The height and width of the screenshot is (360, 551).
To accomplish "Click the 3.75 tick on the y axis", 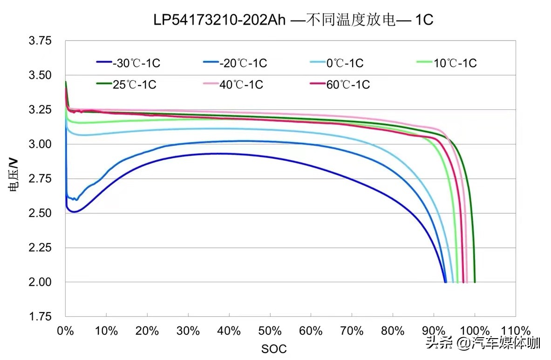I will [40, 41].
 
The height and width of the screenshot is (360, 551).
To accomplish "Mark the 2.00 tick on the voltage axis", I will [40, 282].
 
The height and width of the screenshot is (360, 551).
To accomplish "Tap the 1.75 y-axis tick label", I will [40, 317].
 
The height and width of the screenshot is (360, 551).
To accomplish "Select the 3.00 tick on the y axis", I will [40, 144].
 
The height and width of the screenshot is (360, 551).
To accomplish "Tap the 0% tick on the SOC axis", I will [65, 331].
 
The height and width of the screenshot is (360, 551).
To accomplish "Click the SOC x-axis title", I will [273, 348].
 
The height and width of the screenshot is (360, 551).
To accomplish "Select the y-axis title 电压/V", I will [14, 175].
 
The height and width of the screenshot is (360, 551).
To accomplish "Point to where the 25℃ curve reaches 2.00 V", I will [475, 282].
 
